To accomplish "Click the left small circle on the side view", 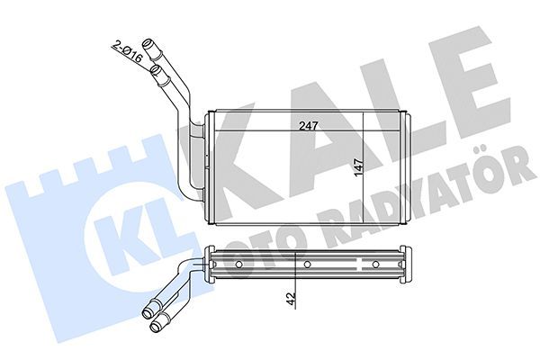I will (239, 265).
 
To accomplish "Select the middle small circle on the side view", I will (307, 265).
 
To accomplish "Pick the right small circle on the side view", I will (374, 265).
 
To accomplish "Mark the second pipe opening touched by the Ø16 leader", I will (158, 67).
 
